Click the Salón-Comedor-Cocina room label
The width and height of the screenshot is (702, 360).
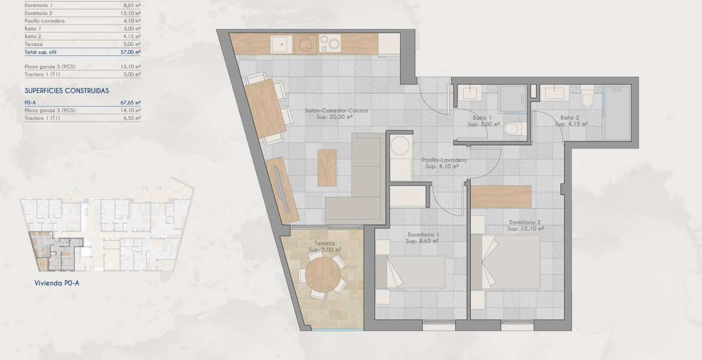[336, 111]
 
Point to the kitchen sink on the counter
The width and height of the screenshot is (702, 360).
[281, 44]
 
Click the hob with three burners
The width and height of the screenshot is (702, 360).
[330, 44]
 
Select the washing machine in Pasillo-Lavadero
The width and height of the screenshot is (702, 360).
[401, 146]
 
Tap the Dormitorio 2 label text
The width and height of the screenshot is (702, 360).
[525, 222]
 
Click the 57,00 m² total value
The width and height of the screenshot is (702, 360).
[130, 52]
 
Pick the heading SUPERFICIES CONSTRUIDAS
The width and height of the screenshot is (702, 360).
[67, 91]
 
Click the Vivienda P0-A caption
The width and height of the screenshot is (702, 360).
[57, 283]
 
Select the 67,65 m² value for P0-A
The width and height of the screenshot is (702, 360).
[130, 103]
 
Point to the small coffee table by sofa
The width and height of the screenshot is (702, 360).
[327, 168]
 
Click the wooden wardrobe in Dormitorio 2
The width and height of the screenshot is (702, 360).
[501, 197]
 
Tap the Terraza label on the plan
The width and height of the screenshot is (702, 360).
[324, 243]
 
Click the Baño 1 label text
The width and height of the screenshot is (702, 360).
[482, 117]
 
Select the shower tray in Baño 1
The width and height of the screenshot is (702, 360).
[513, 99]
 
